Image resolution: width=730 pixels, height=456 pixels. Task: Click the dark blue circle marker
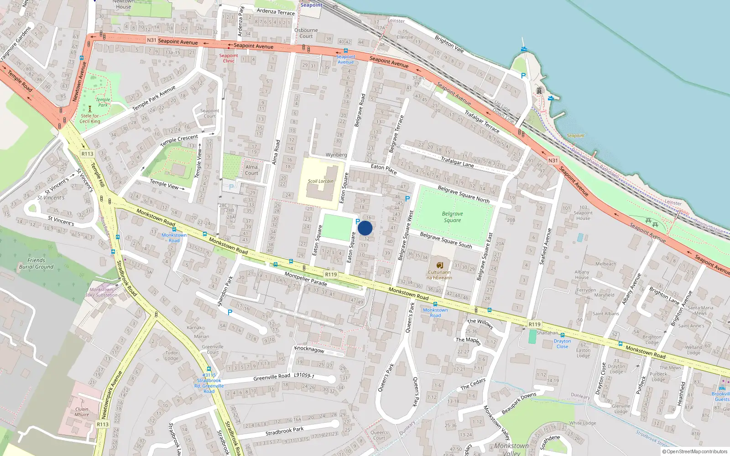tap(365, 228)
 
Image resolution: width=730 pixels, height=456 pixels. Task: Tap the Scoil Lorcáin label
tap(320, 181)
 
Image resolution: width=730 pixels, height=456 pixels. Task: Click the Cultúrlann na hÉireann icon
tap(439, 265)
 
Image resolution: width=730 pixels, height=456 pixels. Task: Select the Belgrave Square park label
tap(452, 217)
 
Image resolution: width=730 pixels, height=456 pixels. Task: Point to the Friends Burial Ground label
tap(36, 264)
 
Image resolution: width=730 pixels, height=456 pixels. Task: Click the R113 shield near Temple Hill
tap(87, 154)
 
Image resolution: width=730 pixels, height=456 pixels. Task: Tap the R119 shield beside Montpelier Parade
tap(331, 275)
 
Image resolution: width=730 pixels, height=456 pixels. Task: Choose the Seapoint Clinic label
tap(229, 58)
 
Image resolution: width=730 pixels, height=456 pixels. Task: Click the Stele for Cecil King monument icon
tap(90, 109)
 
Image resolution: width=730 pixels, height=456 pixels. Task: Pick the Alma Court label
tap(251, 170)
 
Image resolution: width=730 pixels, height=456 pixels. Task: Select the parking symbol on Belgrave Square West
tap(407, 199)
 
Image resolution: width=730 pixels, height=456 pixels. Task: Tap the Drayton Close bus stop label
tap(562, 343)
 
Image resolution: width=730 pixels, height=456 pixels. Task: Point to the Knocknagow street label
tap(309, 349)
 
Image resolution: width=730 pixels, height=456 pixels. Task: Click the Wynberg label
tap(336, 155)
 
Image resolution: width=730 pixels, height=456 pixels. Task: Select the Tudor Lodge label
tap(172, 355)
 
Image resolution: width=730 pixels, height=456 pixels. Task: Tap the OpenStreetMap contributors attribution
tap(694, 451)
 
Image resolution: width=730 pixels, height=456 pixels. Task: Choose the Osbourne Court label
tap(306, 33)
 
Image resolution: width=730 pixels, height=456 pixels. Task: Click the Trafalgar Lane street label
tap(457, 161)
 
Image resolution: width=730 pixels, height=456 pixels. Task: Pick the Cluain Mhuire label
tap(82, 412)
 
